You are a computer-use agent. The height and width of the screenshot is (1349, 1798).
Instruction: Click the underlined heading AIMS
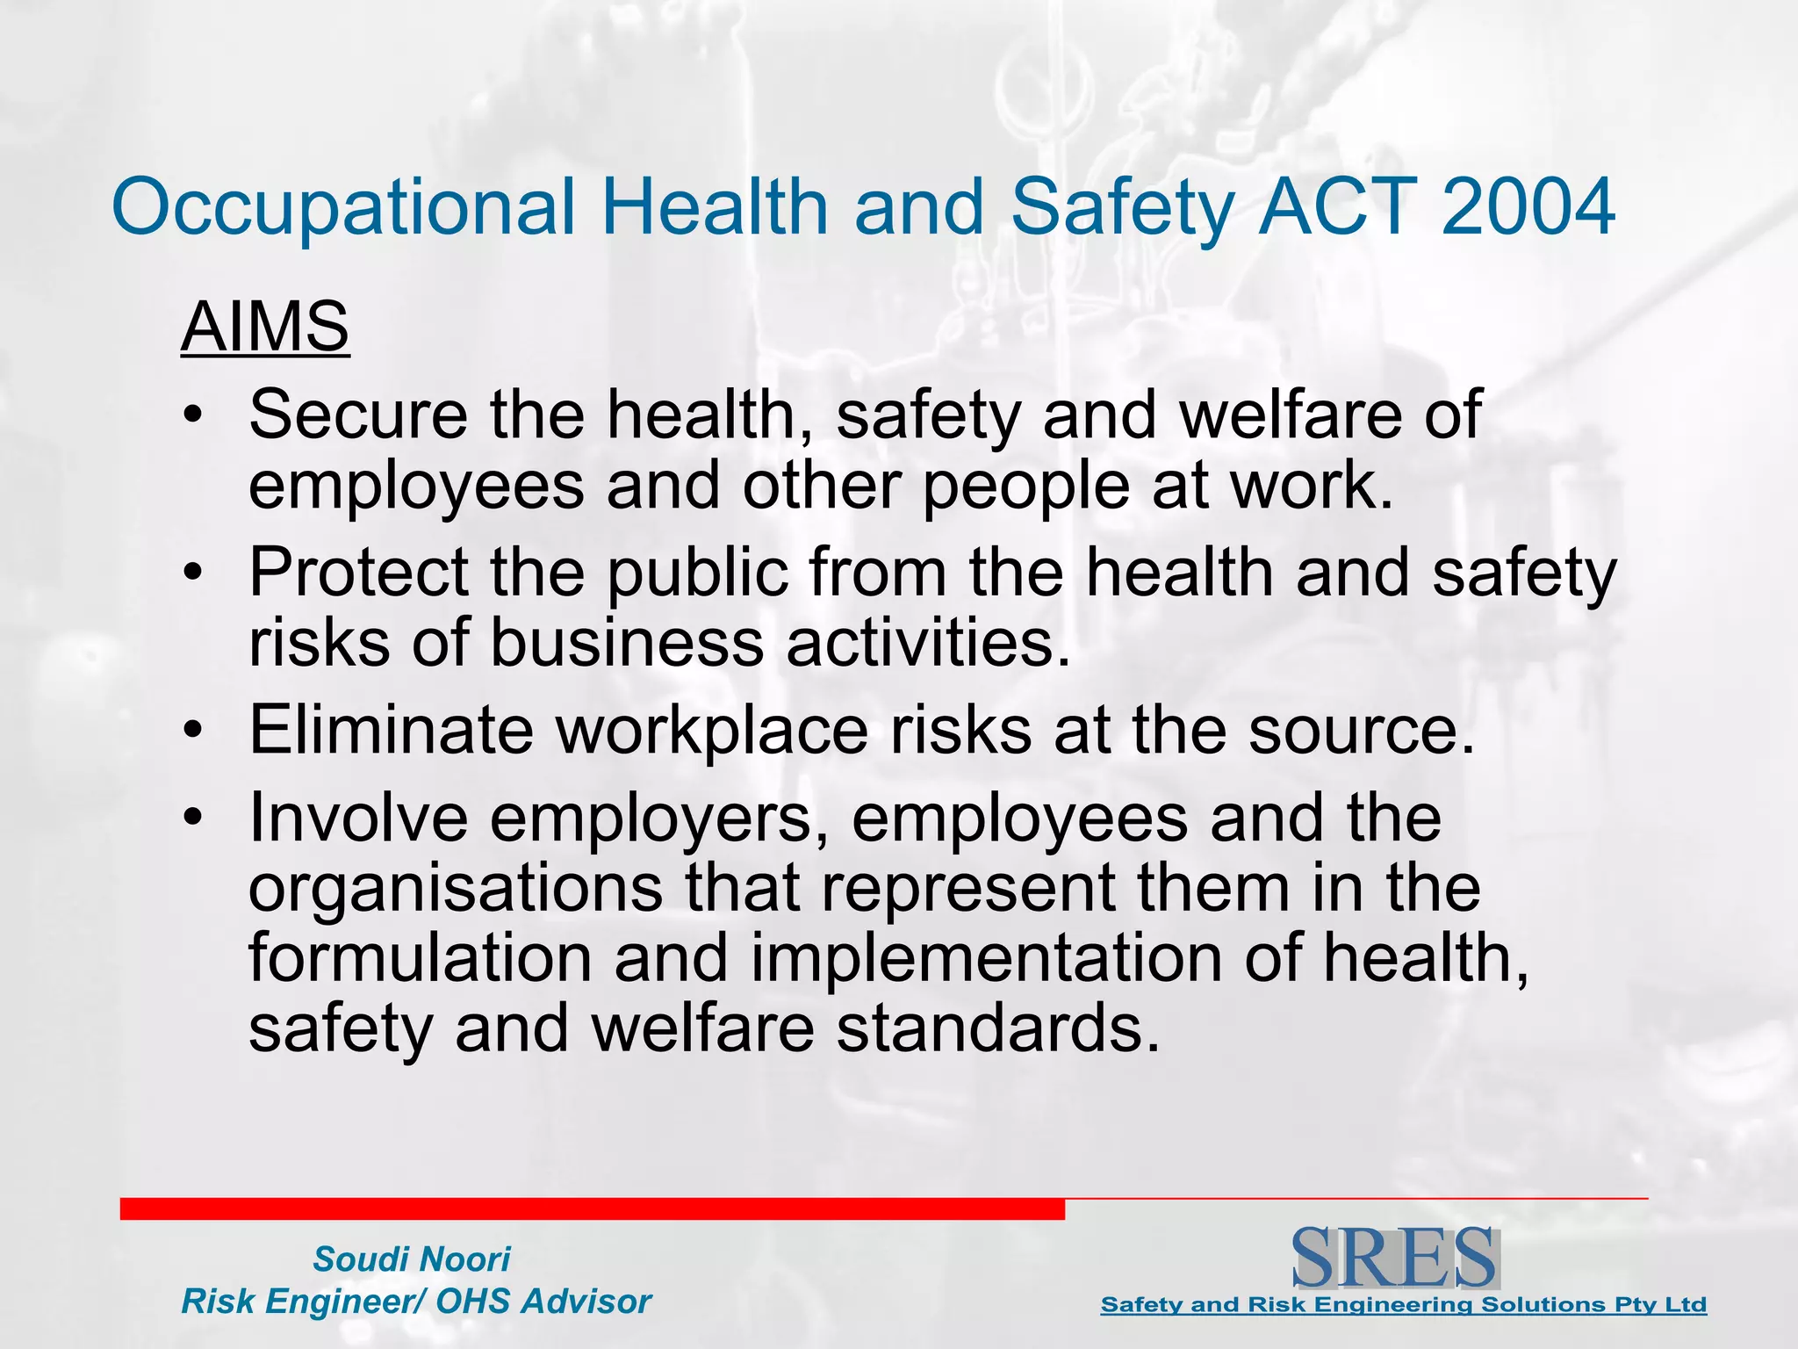coord(265,327)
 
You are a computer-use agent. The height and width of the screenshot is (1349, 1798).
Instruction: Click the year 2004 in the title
coord(1527,207)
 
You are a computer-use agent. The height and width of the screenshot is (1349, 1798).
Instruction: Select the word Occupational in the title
coord(343,209)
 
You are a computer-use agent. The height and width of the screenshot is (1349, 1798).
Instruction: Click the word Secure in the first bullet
coord(358,415)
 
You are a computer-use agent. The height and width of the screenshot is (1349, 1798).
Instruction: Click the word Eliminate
coord(391,730)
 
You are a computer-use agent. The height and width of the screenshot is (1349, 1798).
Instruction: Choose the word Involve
coord(358,818)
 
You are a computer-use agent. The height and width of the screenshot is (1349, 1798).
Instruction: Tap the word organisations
coord(456,889)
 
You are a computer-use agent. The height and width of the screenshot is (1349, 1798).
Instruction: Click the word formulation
coord(420,957)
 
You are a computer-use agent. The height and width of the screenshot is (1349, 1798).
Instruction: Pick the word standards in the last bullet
coord(997,1028)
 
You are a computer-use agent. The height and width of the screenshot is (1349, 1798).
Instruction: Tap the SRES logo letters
coord(1395,1259)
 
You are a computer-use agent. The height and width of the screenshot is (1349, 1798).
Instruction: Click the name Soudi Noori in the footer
coord(412,1259)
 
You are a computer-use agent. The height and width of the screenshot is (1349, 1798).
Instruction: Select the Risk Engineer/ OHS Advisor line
coord(416,1302)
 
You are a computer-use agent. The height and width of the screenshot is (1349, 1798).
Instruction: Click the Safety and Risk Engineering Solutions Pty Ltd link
coord(1403,1305)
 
